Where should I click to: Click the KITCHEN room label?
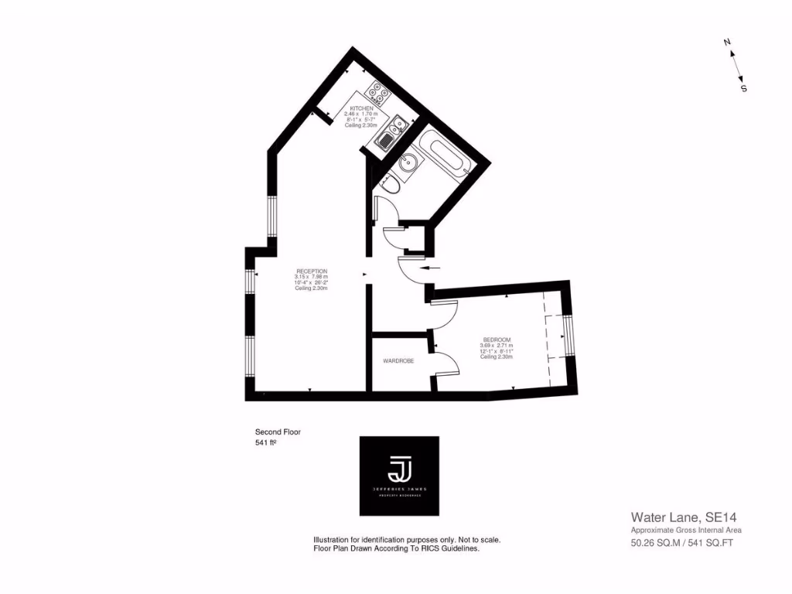pos(362,108)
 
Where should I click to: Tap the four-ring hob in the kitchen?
pos(378,94)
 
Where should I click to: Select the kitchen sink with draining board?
pos(392,131)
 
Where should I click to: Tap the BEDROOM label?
pos(497,340)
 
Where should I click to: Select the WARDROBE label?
pos(398,361)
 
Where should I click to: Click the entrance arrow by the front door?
pos(431,268)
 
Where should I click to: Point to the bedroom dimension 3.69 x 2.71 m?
pos(497,346)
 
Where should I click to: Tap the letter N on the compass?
pos(727,43)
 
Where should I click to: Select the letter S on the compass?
pos(744,88)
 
